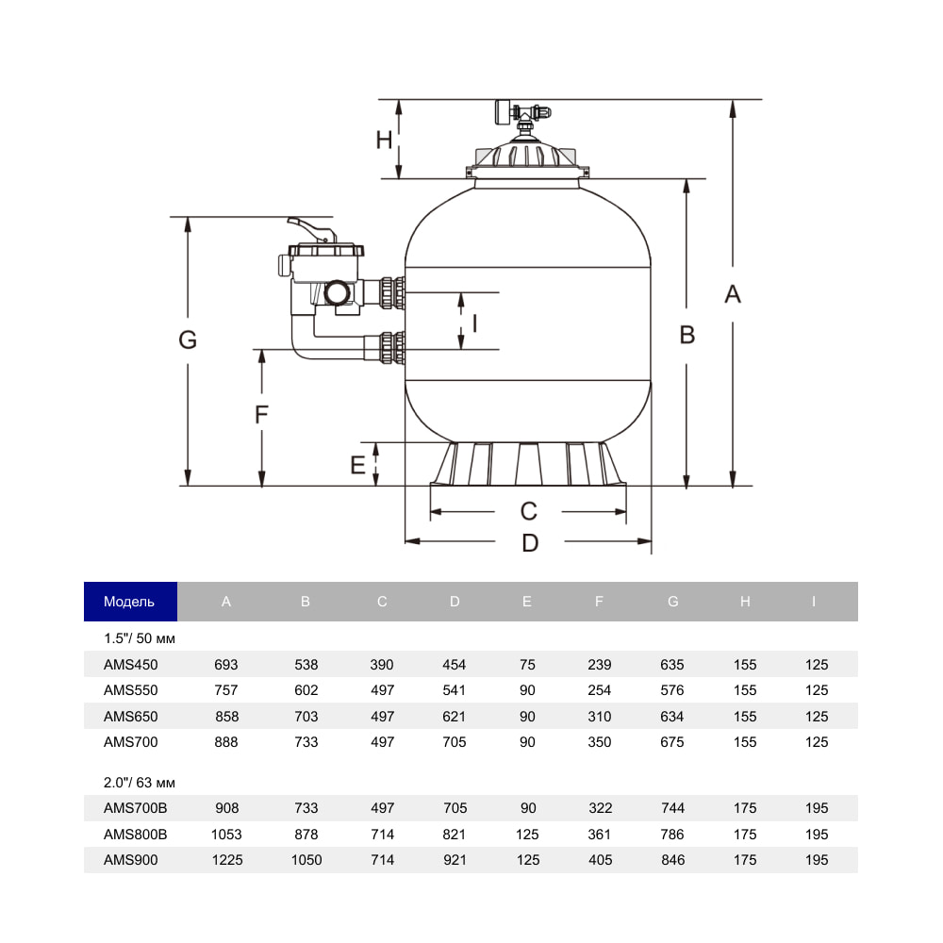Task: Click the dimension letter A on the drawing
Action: (733, 294)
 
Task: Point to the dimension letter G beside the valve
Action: (188, 339)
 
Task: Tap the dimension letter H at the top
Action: (384, 141)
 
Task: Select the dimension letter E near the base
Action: (357, 465)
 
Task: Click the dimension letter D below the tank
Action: (530, 543)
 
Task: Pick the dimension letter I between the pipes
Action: (475, 323)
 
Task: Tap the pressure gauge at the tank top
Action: (503, 112)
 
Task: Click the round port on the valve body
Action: (337, 293)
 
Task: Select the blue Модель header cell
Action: (130, 602)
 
